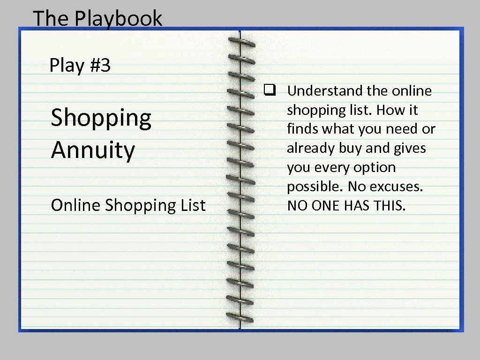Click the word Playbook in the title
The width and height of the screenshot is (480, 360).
(118, 19)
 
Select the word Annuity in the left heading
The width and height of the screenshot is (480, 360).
(93, 150)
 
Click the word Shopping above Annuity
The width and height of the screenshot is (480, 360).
(101, 118)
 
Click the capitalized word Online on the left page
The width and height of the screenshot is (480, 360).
(76, 205)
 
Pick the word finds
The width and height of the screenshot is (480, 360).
(302, 129)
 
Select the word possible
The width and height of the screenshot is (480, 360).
(315, 187)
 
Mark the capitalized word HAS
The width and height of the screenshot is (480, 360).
(358, 205)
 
